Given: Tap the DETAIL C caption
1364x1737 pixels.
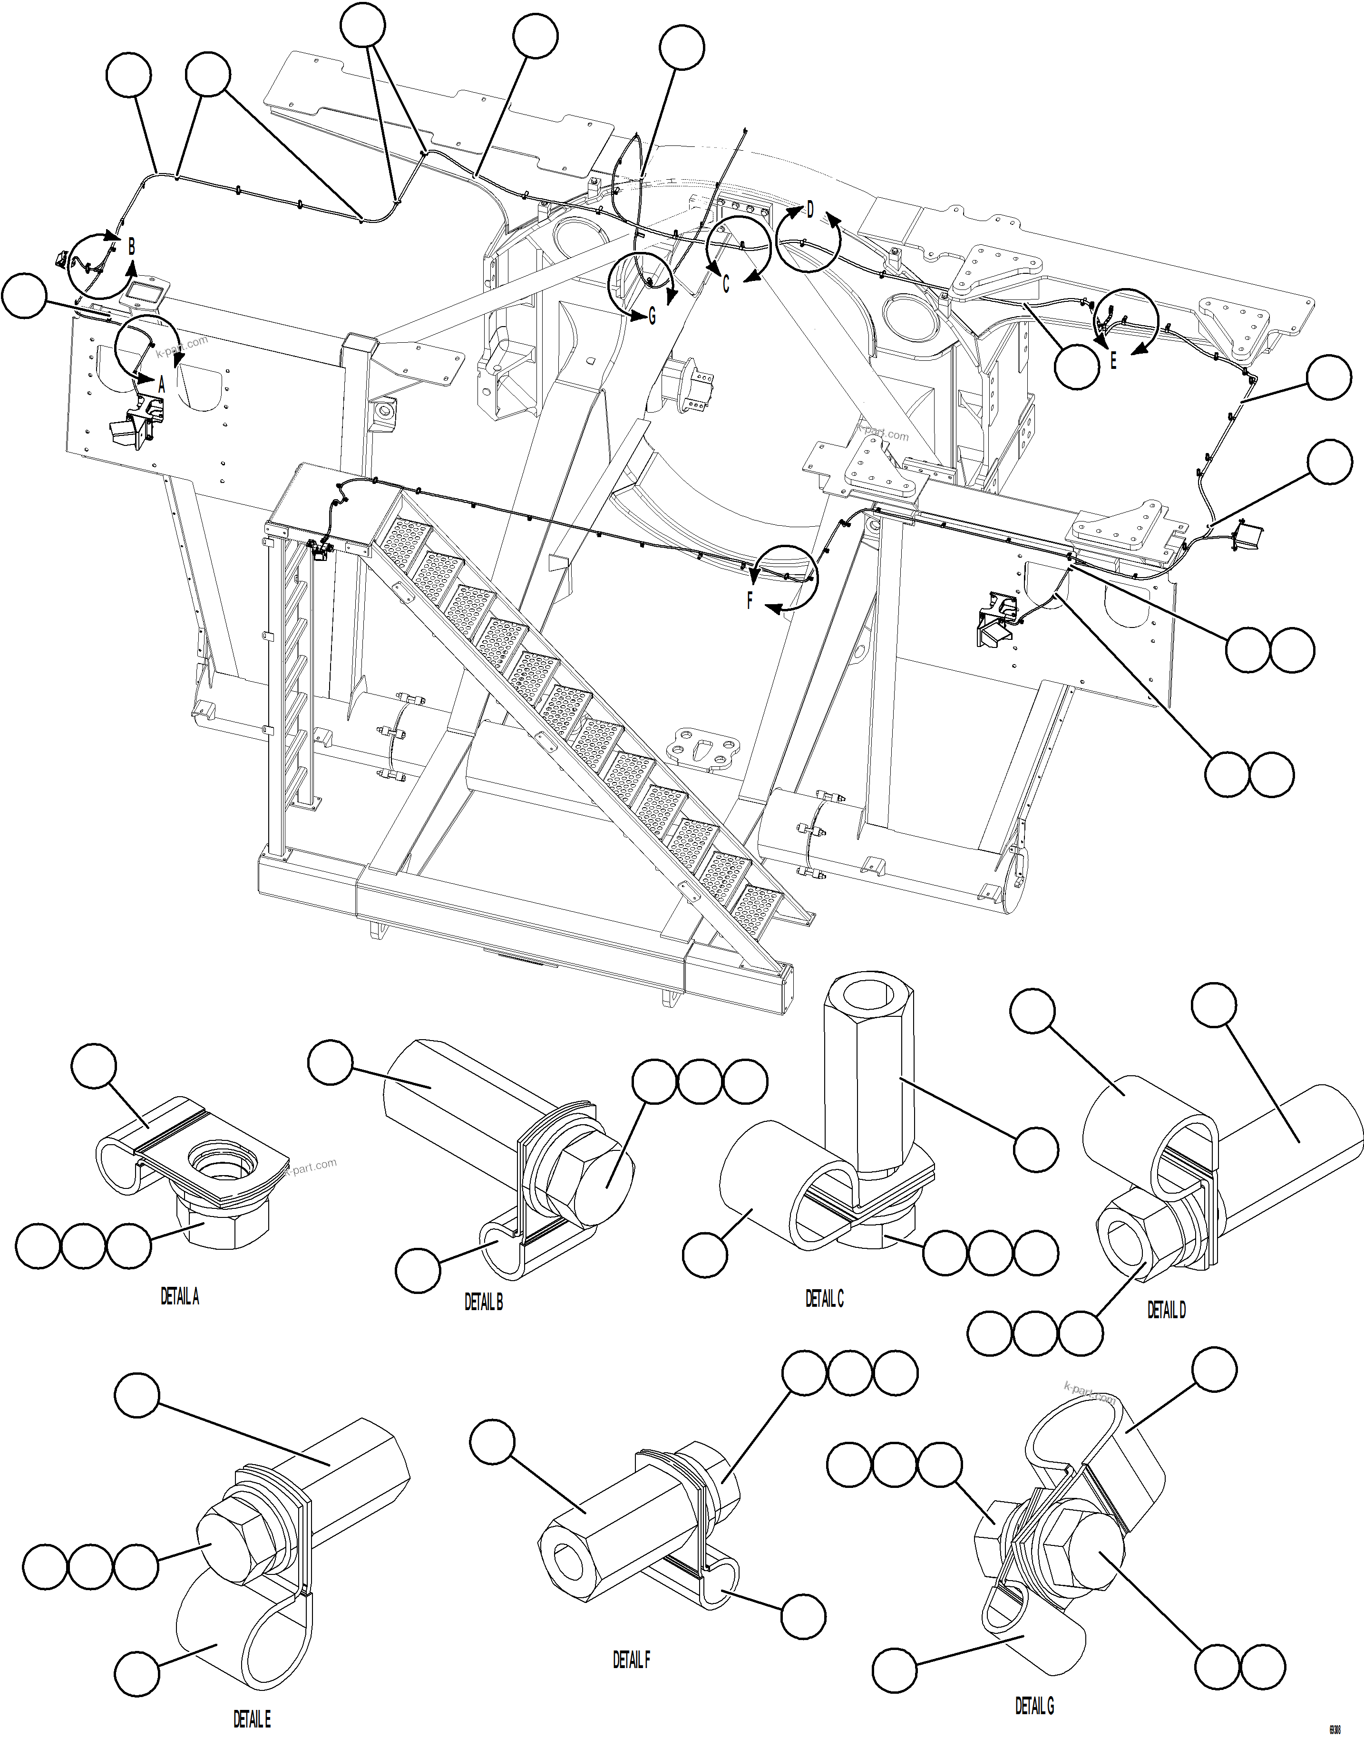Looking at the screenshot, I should click(824, 1299).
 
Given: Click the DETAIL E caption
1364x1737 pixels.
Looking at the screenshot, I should click(252, 1718).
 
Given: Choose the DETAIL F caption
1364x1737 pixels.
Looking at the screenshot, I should click(631, 1660).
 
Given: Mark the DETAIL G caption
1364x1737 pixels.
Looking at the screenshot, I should click(1034, 1706).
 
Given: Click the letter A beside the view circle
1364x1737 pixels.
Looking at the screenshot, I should click(161, 385).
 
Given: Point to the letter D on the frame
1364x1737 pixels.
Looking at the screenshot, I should click(810, 210).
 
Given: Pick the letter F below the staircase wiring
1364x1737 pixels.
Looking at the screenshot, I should click(749, 601).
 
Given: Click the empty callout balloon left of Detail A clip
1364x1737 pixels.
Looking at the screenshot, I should click(94, 1066).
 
